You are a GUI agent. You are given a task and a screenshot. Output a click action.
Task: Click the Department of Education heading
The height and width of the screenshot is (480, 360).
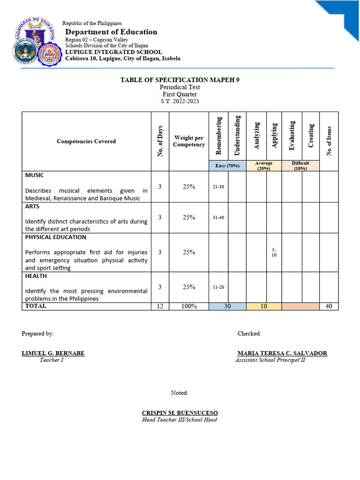[x=111, y=32]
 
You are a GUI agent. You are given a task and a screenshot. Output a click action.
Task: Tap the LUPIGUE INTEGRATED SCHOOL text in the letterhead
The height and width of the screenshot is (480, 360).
[x=113, y=52]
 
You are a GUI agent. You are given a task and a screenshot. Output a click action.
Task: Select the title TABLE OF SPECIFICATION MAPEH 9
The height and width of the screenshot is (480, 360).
[x=180, y=80]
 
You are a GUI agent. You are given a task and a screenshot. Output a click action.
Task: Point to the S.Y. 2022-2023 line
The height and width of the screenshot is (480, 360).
[x=180, y=101]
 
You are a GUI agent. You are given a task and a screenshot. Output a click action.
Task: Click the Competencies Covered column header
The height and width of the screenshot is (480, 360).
[x=86, y=141]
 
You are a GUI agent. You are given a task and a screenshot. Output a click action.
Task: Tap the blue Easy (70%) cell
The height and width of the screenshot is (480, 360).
[x=227, y=165]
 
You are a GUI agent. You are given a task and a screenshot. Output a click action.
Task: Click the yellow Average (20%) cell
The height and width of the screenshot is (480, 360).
[x=264, y=166]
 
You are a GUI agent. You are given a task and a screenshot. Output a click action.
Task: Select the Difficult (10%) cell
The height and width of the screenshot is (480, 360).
[x=300, y=165]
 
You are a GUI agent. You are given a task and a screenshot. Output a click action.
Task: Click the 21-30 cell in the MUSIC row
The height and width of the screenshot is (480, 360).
[x=218, y=187]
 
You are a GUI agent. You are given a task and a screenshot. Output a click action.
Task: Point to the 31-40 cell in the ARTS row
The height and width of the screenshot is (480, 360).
[x=218, y=217]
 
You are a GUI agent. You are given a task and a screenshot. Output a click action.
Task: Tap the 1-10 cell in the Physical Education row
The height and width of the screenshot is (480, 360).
[x=274, y=252]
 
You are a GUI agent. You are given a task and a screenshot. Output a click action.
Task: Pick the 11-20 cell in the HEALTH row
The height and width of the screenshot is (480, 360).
[x=218, y=287]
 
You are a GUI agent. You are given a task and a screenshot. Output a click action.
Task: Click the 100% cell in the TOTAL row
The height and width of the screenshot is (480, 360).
[x=189, y=306]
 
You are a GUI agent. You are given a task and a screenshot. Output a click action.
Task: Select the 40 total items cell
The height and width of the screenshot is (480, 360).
[x=329, y=306]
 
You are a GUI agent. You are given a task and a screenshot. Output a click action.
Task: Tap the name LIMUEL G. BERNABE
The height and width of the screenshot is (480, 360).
[x=53, y=353]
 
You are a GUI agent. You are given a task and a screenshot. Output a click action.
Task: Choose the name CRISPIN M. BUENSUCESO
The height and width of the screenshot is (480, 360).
[x=180, y=413]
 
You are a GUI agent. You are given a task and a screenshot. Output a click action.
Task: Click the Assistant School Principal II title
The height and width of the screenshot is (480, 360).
[x=270, y=360]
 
